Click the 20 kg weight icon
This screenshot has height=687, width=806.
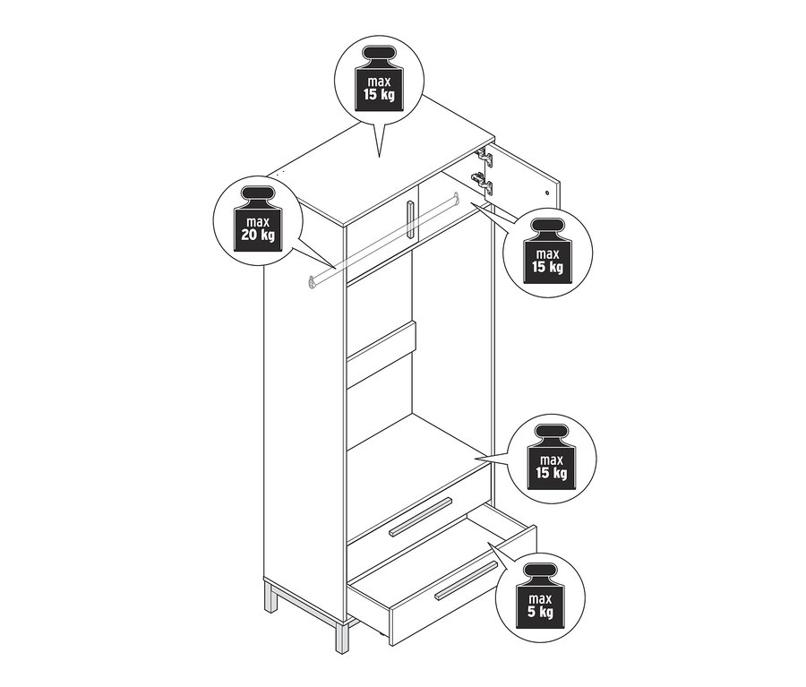click(256, 225)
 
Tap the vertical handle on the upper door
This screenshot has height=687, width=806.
click(409, 219)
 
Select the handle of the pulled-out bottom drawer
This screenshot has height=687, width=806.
click(467, 582)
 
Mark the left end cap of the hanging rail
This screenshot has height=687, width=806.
click(312, 283)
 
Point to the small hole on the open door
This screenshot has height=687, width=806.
click(546, 192)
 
